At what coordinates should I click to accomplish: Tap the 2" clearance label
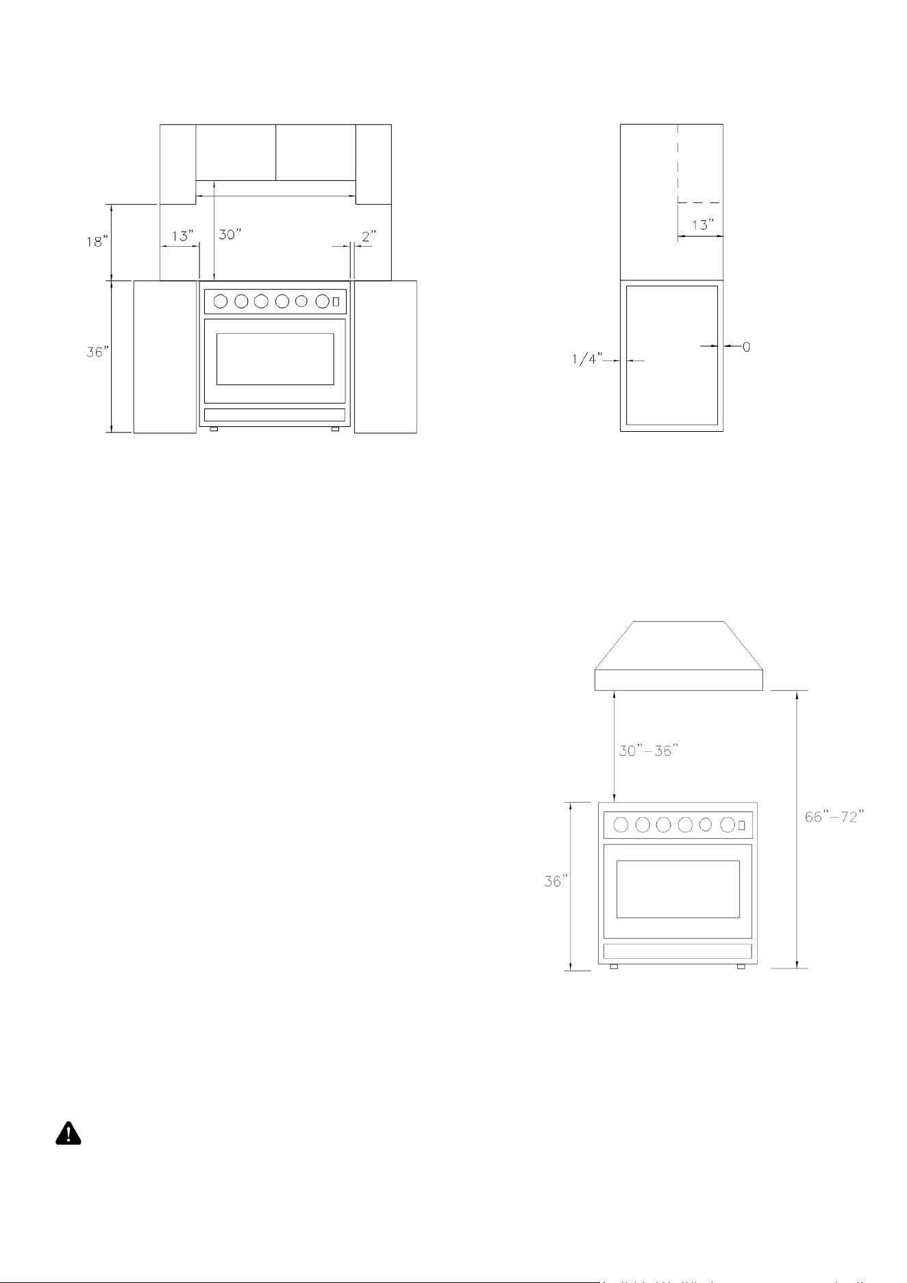tap(369, 236)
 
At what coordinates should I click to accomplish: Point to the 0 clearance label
tap(746, 347)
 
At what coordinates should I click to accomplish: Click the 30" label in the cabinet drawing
tap(231, 234)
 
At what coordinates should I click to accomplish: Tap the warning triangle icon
tap(68, 1134)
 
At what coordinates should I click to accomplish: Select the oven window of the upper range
tap(275, 359)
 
